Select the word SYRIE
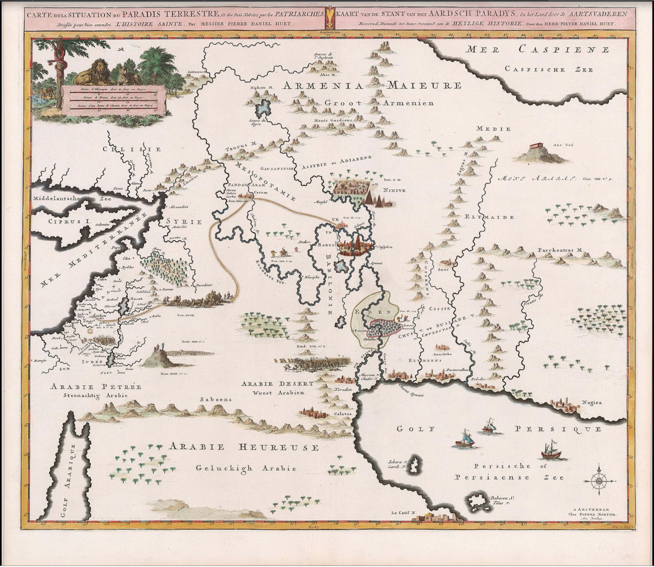coord(184,221)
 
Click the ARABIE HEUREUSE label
coord(244,447)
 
